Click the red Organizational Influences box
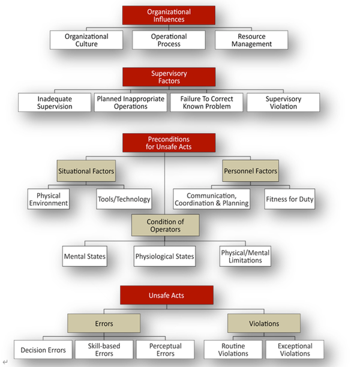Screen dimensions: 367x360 [169, 15]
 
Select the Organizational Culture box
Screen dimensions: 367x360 [86, 40]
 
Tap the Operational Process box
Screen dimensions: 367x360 [169, 40]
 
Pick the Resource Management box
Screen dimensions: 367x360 [251, 40]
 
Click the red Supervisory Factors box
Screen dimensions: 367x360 [169, 77]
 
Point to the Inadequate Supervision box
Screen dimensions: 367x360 [55, 103]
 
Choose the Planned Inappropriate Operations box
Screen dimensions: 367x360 [130, 103]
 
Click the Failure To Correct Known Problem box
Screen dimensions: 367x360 [206, 103]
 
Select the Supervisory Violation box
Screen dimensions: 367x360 [283, 103]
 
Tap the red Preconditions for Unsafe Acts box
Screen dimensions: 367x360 [169, 143]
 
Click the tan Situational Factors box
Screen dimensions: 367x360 [86, 171]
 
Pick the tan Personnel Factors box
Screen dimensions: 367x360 [250, 171]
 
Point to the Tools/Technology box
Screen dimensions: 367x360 [124, 199]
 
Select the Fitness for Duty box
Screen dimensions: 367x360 [289, 199]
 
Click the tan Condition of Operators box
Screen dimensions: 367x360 [165, 225]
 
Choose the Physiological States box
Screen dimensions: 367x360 [164, 257]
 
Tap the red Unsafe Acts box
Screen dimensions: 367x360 [166, 296]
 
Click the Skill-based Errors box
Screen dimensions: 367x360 [104, 350]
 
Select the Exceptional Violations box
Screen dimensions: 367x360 [295, 350]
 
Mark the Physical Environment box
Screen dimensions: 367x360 [49, 199]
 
